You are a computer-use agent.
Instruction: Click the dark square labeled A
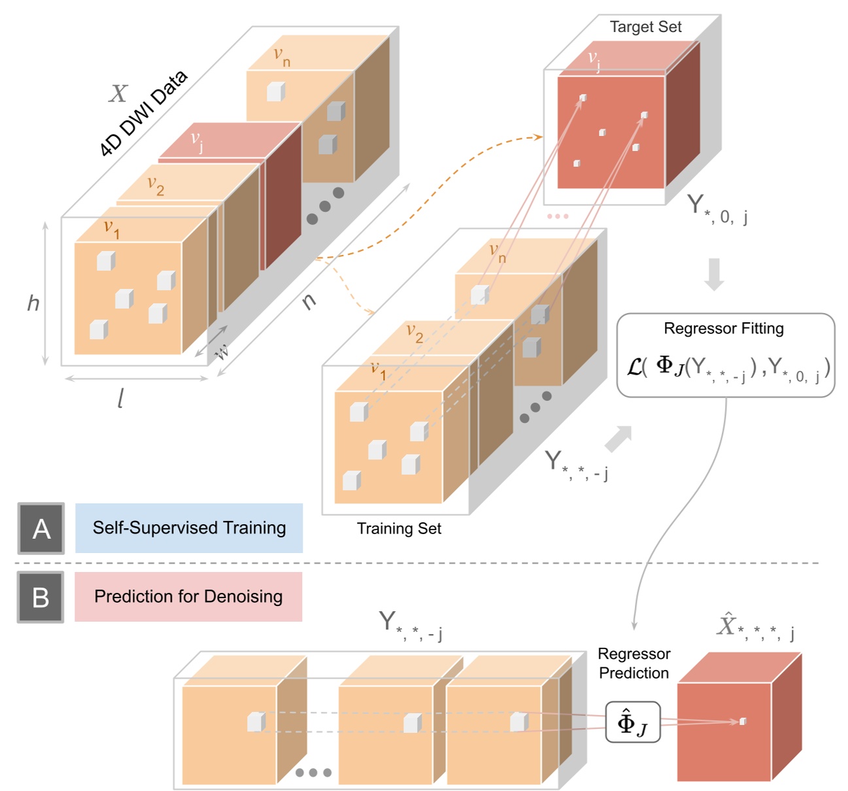[41, 528]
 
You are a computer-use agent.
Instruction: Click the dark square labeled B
[41, 597]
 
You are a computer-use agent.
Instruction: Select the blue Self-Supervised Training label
[189, 528]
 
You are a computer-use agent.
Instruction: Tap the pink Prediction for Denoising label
[188, 597]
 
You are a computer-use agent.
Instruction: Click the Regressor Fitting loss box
[726, 356]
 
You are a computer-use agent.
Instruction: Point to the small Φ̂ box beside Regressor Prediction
[632, 722]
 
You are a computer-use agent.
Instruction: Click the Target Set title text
[645, 27]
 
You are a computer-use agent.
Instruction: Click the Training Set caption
[399, 529]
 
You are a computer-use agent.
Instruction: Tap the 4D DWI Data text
[143, 113]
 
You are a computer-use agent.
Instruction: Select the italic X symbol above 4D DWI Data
[118, 93]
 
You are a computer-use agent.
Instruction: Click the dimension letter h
[33, 303]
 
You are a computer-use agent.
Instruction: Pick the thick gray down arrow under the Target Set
[714, 274]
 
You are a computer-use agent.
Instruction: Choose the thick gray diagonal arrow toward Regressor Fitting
[619, 439]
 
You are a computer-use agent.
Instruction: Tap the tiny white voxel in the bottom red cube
[742, 721]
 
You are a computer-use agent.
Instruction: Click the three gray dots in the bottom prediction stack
[313, 773]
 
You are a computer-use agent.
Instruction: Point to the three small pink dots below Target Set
[558, 216]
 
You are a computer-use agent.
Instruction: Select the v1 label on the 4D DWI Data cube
[112, 229]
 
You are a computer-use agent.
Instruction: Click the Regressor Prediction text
[634, 664]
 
